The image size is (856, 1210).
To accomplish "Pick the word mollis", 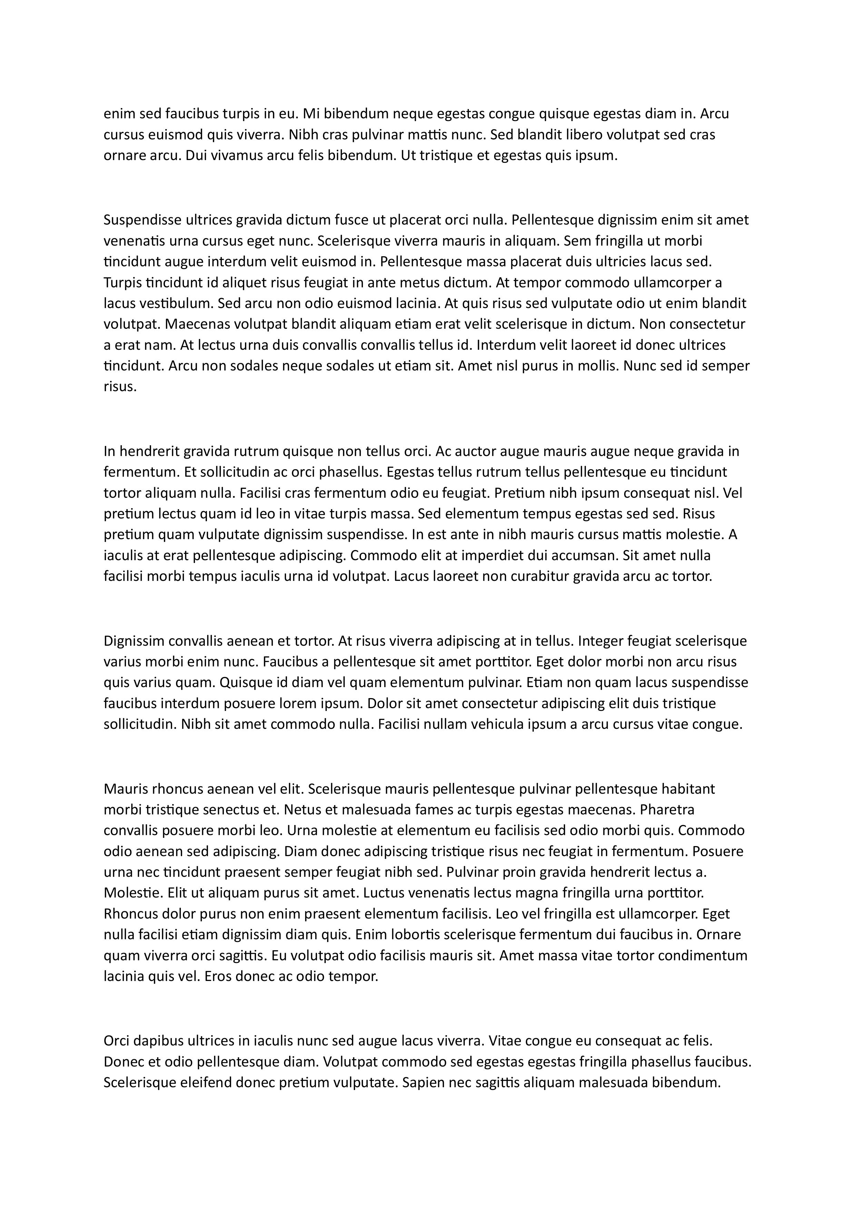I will pyautogui.click(x=597, y=366).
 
